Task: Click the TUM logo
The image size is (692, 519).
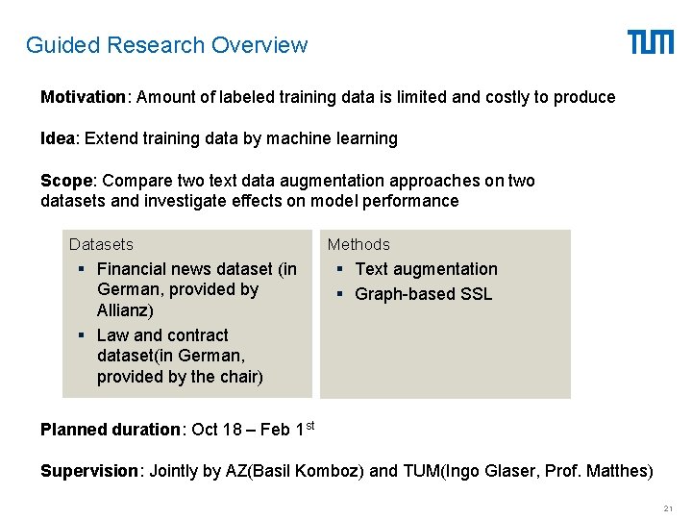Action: pos(651,42)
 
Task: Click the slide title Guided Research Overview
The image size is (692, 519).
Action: pos(166,45)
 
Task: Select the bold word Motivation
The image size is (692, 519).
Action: pos(83,97)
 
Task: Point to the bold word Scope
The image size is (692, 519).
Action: pos(66,181)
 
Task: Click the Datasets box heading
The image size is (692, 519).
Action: pos(101,244)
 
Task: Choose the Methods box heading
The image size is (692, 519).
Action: pos(358,244)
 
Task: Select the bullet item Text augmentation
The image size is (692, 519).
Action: pos(426,269)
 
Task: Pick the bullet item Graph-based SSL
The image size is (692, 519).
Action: pos(423,294)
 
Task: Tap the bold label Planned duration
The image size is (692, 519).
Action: pos(111,430)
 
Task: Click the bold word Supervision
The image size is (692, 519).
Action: pos(89,471)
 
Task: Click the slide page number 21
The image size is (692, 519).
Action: pos(668,507)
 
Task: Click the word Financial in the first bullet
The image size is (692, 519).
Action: pos(135,269)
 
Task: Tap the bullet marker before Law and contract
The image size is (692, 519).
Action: pos(84,335)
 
